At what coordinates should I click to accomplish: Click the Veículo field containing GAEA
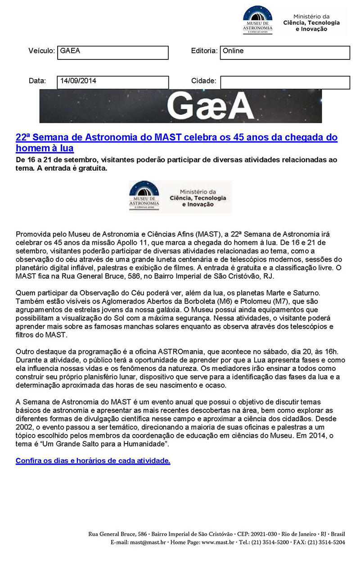[x=112, y=52]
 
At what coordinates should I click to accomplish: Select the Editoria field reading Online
[x=284, y=52]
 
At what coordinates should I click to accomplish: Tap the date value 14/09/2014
[x=112, y=82]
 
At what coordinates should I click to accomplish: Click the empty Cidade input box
[x=284, y=82]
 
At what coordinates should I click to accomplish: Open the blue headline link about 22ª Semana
[x=176, y=142]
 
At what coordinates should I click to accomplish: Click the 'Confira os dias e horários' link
[x=93, y=461]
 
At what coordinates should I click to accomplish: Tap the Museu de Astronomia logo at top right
[x=257, y=19]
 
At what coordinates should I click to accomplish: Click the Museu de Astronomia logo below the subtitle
[x=144, y=197]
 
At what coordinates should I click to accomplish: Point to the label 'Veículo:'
[x=41, y=51]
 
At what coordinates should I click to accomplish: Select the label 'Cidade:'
[x=204, y=81]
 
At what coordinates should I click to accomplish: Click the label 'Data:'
[x=37, y=81]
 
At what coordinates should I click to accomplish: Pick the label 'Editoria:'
[x=204, y=51]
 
